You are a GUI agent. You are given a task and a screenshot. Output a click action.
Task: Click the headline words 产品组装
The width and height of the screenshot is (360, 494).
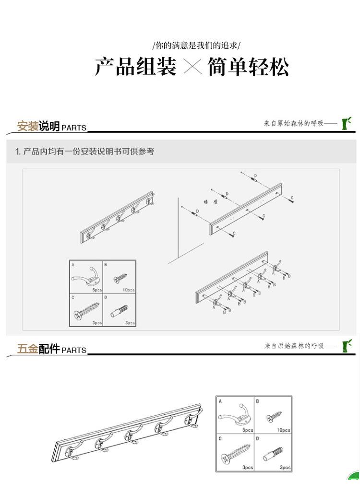click(135, 67)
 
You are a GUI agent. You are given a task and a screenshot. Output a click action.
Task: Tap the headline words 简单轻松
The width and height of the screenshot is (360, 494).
click(248, 67)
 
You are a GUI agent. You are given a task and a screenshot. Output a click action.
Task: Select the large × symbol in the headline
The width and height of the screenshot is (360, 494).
click(192, 67)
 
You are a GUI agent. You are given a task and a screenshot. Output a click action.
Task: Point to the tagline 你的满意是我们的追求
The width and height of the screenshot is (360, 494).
click(196, 46)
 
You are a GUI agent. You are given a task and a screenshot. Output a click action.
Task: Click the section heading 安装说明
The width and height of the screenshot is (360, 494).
click(38, 126)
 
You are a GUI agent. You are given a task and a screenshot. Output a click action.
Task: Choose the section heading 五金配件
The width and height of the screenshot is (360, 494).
click(38, 349)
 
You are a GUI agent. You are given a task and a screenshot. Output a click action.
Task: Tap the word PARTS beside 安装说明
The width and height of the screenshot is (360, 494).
click(74, 128)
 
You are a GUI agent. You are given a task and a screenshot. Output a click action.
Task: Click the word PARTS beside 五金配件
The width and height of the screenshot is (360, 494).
click(74, 351)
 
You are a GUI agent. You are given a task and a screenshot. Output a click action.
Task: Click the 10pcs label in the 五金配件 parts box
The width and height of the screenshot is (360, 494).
click(283, 430)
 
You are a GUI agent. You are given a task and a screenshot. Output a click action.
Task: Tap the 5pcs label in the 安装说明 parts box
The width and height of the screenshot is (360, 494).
click(97, 290)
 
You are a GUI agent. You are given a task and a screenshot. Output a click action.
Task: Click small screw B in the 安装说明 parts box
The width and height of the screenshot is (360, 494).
click(120, 278)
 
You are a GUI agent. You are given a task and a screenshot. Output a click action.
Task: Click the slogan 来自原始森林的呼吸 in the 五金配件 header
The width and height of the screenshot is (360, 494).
click(294, 346)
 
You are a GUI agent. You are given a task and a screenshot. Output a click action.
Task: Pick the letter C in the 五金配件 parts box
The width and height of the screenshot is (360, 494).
click(220, 438)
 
